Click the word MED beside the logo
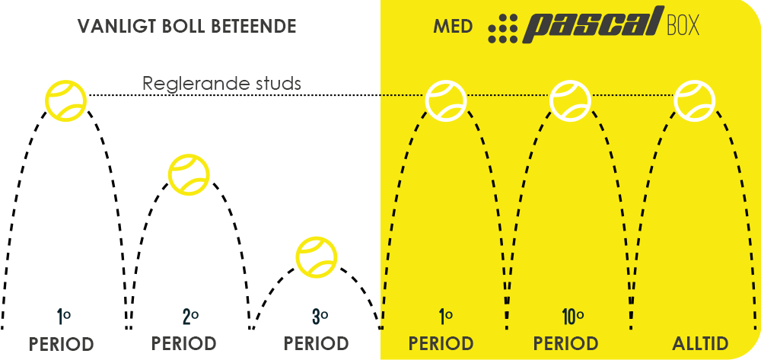pyautogui.click(x=453, y=26)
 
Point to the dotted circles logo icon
pyautogui.click(x=503, y=29)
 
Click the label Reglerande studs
pyautogui.click(x=221, y=84)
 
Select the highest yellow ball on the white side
pyautogui.click(x=65, y=100)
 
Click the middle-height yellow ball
pyautogui.click(x=189, y=174)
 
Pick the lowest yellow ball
pyautogui.click(x=317, y=257)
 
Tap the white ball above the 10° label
pyautogui.click(x=570, y=100)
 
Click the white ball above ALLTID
pyautogui.click(x=695, y=100)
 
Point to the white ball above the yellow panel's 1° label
pyautogui.click(x=446, y=100)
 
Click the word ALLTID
pyautogui.click(x=700, y=344)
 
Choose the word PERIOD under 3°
pyautogui.click(x=317, y=344)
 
